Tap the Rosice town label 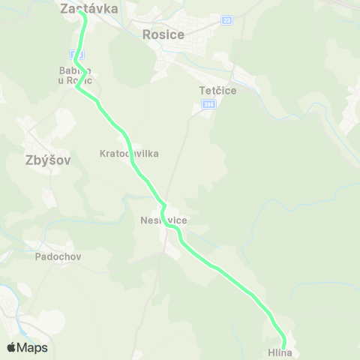click(163, 34)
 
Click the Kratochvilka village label click(129, 153)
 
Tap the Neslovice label click(163, 220)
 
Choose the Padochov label click(58, 256)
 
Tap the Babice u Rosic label click(75, 76)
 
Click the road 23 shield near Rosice click(226, 20)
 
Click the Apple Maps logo click(27, 347)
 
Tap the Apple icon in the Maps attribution click(11, 347)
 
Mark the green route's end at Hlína click(283, 345)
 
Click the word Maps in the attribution click(33, 347)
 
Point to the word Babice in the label click(75, 71)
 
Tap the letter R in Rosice click(146, 34)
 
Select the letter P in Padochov click(38, 256)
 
